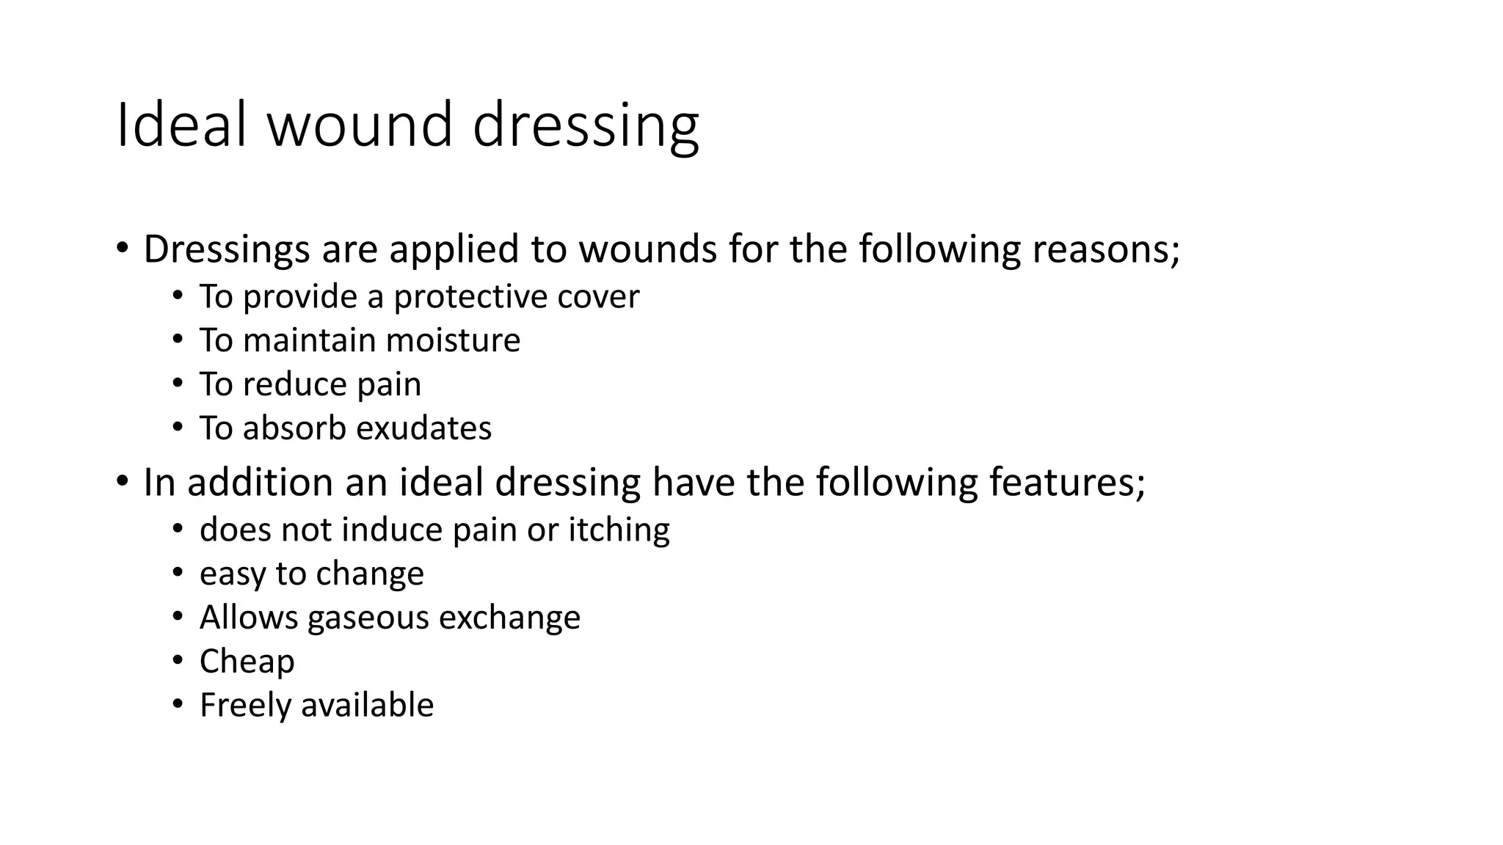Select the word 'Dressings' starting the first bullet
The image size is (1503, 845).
point(227,249)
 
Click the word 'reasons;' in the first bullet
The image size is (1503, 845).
point(1106,249)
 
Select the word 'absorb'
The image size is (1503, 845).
point(294,428)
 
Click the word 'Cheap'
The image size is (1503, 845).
point(247,662)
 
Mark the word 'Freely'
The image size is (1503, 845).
point(245,706)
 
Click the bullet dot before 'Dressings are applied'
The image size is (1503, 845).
point(122,248)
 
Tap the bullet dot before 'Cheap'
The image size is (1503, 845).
point(178,660)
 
